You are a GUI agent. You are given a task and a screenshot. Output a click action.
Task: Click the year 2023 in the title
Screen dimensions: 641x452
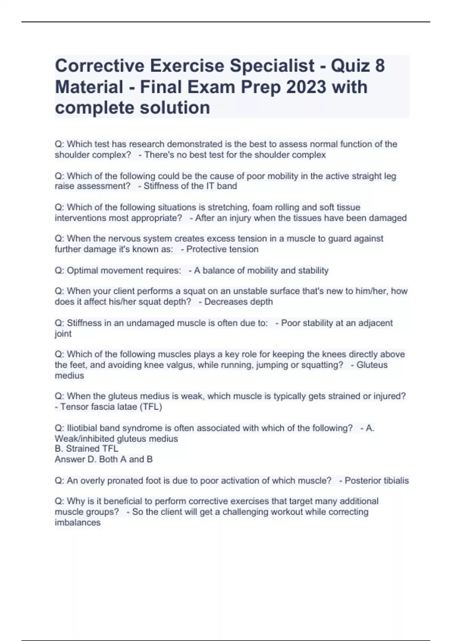[306, 87]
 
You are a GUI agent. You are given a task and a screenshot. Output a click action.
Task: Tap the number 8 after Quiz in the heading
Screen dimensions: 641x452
[380, 66]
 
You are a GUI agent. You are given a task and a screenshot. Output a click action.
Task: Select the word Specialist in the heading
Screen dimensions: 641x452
[272, 66]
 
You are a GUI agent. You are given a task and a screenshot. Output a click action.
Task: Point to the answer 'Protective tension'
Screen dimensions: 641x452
[222, 249]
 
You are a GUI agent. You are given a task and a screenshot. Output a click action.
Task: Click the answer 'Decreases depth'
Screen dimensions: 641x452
[238, 302]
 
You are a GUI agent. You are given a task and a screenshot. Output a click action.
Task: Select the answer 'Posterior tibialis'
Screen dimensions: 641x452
[377, 481]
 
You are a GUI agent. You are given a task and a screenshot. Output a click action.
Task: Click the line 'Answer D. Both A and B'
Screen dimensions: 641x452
[104, 459]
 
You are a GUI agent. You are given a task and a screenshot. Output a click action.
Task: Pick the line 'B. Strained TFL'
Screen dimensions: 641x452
[86, 449]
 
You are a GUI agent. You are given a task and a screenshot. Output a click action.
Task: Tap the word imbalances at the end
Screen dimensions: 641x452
[78, 523]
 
